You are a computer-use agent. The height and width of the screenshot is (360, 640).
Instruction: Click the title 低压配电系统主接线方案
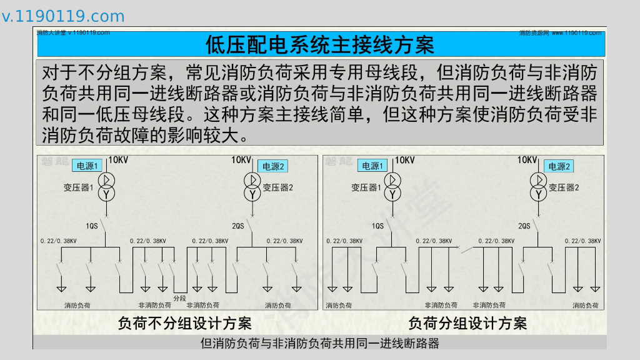pyautogui.click(x=319, y=45)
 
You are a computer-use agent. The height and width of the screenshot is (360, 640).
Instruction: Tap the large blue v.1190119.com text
pyautogui.click(x=63, y=16)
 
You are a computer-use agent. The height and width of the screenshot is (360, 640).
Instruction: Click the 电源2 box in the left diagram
pyautogui.click(x=272, y=166)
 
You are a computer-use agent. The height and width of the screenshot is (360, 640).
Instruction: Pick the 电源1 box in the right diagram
pyautogui.click(x=373, y=166)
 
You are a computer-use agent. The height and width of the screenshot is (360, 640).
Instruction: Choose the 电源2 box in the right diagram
pyautogui.click(x=559, y=166)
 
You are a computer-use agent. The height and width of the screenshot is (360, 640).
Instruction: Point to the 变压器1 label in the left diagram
pyautogui.click(x=78, y=187)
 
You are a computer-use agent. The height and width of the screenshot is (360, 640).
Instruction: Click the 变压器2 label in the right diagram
pyautogui.click(x=564, y=187)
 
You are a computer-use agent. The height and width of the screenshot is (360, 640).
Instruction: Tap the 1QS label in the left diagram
pyautogui.click(x=92, y=226)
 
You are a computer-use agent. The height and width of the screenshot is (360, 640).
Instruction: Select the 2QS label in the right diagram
pyautogui.click(x=524, y=226)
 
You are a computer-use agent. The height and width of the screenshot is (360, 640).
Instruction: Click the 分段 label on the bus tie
pyautogui.click(x=180, y=298)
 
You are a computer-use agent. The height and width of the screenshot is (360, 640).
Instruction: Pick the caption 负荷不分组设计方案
pyautogui.click(x=185, y=323)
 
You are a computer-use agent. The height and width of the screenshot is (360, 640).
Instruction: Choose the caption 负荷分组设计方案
pyautogui.click(x=467, y=323)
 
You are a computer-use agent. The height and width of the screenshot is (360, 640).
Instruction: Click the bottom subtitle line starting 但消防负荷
pyautogui.click(x=319, y=343)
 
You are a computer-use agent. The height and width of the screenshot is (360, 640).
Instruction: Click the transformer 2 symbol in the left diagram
pyautogui.click(x=252, y=187)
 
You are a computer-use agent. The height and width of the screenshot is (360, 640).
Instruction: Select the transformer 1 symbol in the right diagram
pyautogui.click(x=393, y=187)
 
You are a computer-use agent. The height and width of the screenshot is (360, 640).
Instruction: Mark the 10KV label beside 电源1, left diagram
pyautogui.click(x=118, y=161)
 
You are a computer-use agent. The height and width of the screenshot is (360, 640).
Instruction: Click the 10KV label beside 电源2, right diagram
pyautogui.click(x=527, y=160)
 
